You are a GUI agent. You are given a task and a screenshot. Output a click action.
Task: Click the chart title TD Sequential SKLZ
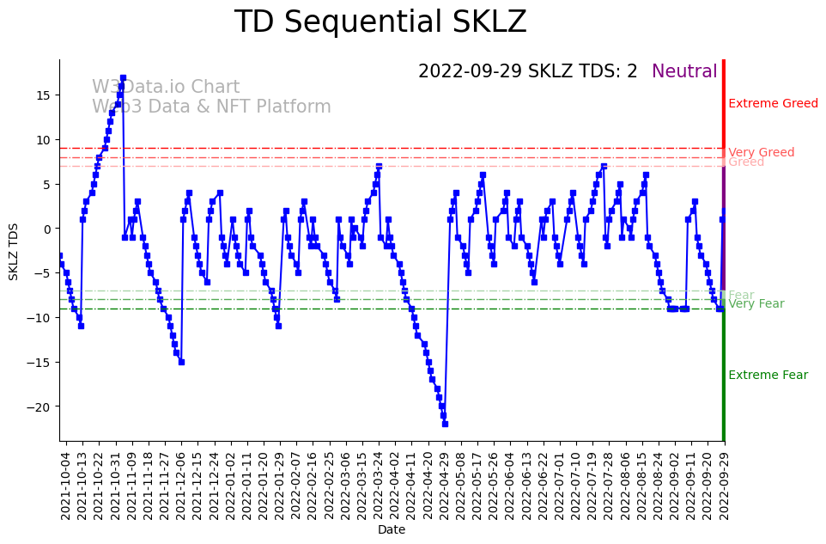pos(380,22)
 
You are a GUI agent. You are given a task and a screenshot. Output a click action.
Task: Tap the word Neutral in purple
pos(684,71)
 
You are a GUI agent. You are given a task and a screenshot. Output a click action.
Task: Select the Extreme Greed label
pos(773,104)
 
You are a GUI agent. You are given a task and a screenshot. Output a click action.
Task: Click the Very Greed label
pos(761,153)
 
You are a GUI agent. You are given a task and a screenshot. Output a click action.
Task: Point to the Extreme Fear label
pos(768,376)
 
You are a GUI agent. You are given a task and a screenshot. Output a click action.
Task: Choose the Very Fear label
pos(756,304)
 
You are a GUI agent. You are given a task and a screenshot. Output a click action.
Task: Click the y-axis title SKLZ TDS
pos(14,250)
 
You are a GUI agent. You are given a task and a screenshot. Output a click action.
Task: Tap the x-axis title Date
pos(391,530)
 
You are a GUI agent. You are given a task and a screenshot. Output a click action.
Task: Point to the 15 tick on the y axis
pos(43,95)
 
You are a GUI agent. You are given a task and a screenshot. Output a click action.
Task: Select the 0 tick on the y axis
pos(48,229)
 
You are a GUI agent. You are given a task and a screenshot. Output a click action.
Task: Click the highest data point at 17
pos(123,77)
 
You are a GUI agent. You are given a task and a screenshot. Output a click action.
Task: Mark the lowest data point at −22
pos(445,424)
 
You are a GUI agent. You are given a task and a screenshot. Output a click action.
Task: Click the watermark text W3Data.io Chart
pos(166,88)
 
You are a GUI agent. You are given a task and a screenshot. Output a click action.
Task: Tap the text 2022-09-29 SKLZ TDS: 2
pos(527,71)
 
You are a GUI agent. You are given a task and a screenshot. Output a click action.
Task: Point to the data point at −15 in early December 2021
pos(181,362)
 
